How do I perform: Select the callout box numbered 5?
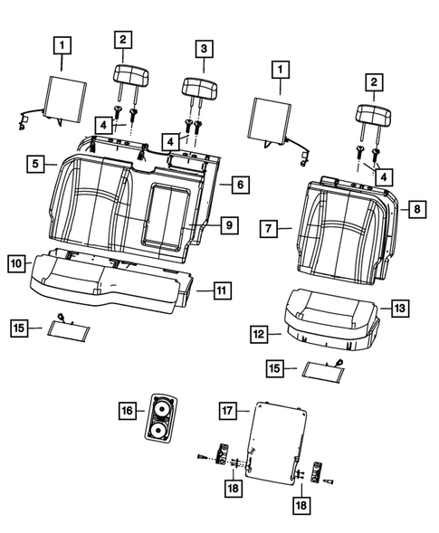click(36, 164)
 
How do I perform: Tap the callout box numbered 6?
click(238, 184)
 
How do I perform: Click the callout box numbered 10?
click(16, 263)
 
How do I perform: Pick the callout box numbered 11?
click(221, 290)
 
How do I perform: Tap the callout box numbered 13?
click(399, 308)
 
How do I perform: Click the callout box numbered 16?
click(127, 412)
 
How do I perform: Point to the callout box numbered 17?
click(228, 410)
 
